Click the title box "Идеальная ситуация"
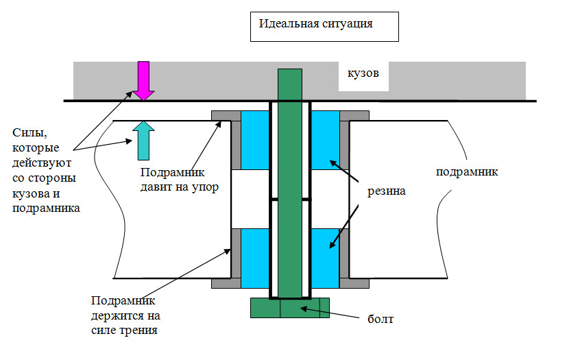coord(324,27)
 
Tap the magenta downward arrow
coord(143,81)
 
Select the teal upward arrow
coord(143,141)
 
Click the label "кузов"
coord(363,73)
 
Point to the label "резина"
coord(387,191)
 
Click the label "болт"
coord(380,319)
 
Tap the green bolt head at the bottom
coord(290,308)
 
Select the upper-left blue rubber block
coord(255,140)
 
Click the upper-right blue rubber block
coord(325,140)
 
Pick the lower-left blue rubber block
coord(255,259)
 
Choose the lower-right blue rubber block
coord(325,259)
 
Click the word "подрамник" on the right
coord(467,172)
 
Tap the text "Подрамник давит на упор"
coord(180,180)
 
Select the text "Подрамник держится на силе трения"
coord(125,315)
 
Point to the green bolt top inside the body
coord(290,84)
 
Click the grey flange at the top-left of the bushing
coord(226,115)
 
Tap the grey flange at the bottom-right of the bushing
coord(354,283)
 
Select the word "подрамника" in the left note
coord(46,208)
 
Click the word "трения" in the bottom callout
coord(141,330)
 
